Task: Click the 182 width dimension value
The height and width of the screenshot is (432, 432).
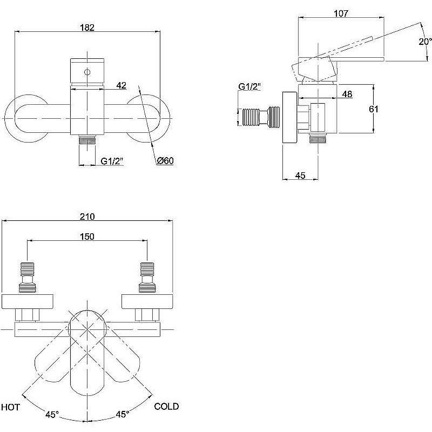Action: (x=87, y=28)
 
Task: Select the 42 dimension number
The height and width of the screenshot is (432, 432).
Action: (x=121, y=85)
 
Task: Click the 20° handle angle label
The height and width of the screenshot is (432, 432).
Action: (x=425, y=42)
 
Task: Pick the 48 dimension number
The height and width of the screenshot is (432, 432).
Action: (x=347, y=94)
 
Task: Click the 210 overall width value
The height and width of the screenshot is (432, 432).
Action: (x=87, y=217)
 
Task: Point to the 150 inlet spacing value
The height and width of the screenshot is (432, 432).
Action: (x=87, y=237)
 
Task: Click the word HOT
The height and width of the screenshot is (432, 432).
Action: (x=11, y=407)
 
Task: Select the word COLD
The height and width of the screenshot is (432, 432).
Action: (x=166, y=407)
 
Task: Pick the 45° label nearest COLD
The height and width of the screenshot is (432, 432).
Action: (x=123, y=415)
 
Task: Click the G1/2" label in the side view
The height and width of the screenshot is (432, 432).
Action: (x=249, y=86)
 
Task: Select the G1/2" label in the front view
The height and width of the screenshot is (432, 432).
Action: (x=113, y=161)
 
